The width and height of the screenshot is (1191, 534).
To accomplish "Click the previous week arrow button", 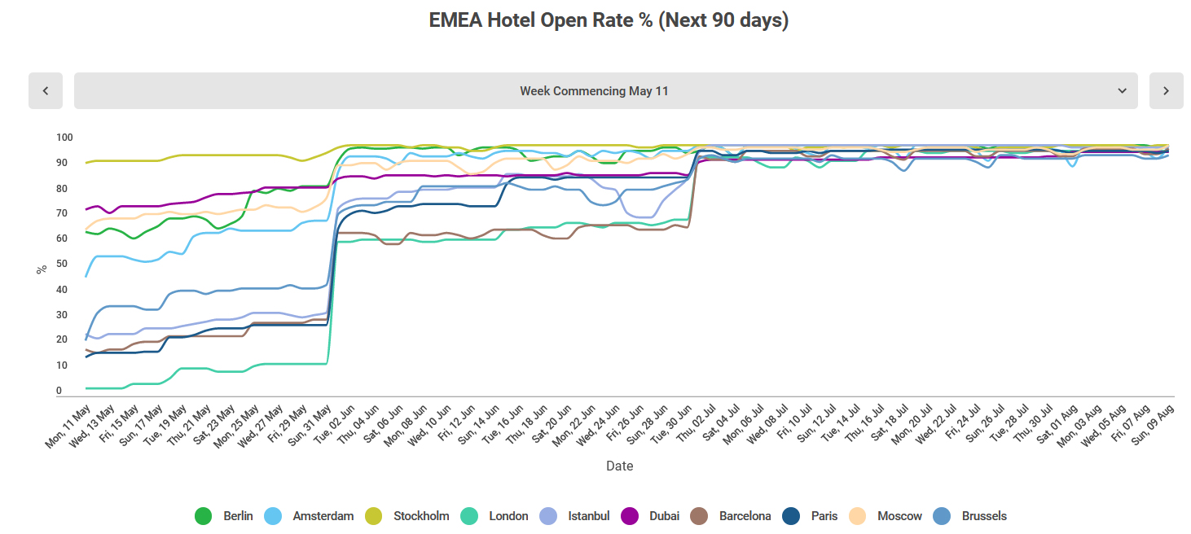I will [x=46, y=90].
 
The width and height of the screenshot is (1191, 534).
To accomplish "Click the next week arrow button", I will [x=1166, y=90].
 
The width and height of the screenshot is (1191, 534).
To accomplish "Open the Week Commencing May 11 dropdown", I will [x=605, y=90].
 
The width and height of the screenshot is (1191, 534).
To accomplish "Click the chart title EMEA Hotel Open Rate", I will [x=609, y=20].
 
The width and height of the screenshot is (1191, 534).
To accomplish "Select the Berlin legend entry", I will [x=224, y=516].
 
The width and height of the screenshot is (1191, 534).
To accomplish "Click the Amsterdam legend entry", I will [x=310, y=516].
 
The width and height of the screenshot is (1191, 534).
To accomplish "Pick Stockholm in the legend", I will [x=408, y=516].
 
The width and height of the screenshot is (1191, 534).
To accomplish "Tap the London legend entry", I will [x=495, y=516].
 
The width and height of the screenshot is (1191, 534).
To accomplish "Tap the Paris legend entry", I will [x=811, y=516].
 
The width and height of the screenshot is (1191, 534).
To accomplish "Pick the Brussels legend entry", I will [x=971, y=516].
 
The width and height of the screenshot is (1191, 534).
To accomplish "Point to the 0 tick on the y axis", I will [x=59, y=391].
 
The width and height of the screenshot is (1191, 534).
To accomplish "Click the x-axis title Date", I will [x=619, y=466].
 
